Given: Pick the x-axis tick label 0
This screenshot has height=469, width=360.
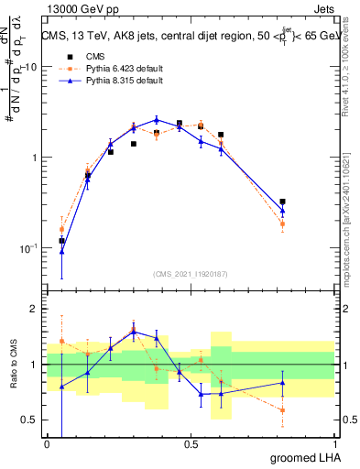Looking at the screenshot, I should tap(47, 445).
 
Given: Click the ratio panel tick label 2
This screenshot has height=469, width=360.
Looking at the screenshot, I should tap(35, 309).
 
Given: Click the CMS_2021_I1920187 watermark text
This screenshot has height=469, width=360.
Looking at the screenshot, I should tap(190, 273).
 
